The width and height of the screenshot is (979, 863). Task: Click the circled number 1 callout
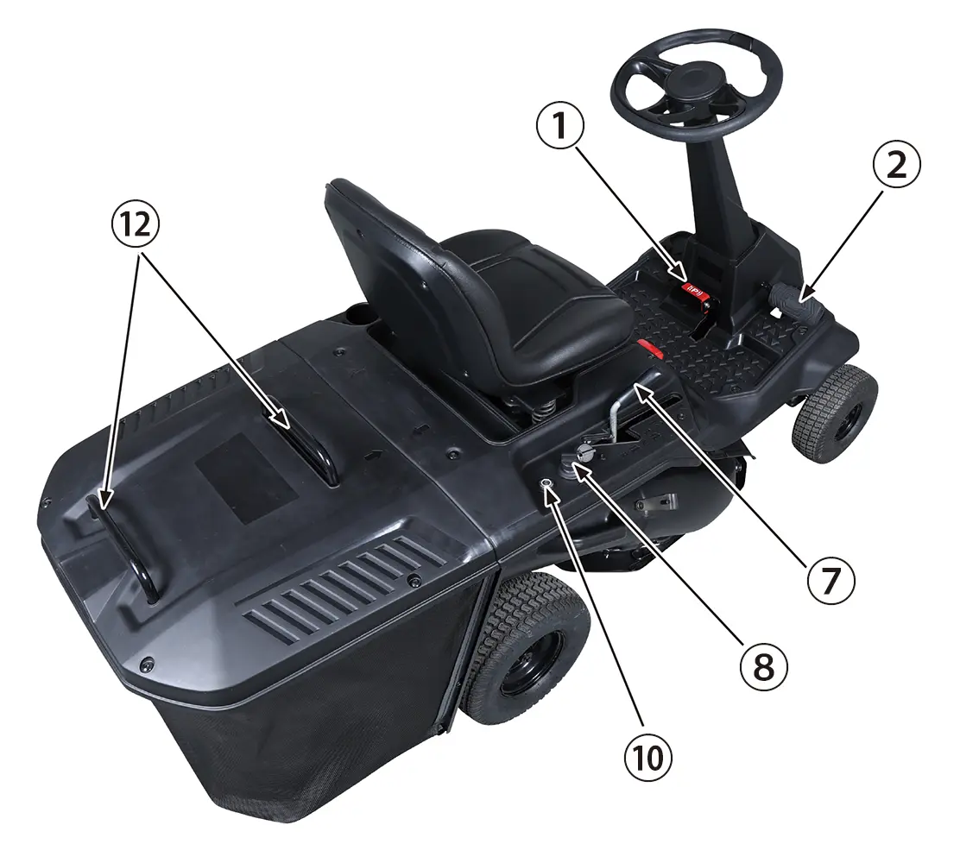pyautogui.click(x=560, y=126)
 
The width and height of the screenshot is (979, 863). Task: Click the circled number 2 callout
pyautogui.click(x=896, y=165)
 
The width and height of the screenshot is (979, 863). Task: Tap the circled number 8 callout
pyautogui.click(x=764, y=666)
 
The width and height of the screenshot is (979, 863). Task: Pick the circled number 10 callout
pyautogui.click(x=648, y=759)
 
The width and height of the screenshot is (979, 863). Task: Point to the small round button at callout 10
pyautogui.click(x=547, y=483)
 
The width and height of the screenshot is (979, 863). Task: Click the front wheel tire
pyautogui.click(x=836, y=415)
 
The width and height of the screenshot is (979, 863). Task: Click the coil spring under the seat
pyautogui.click(x=542, y=410)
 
